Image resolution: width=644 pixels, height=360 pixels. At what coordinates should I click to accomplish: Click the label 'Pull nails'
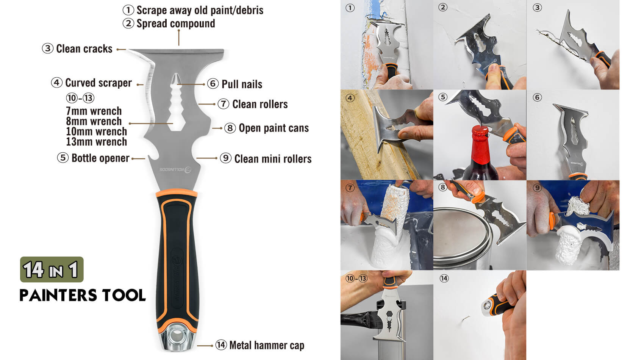[x=242, y=84]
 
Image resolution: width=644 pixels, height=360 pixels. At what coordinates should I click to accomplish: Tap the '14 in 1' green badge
[x=52, y=269]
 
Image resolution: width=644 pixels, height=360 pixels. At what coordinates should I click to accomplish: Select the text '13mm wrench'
[x=96, y=142]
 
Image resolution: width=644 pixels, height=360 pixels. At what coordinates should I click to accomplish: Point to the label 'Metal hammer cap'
[x=267, y=345]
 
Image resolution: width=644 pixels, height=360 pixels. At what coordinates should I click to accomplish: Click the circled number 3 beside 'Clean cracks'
[x=48, y=48]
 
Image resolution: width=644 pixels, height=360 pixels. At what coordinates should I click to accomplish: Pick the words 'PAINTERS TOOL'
[x=83, y=295]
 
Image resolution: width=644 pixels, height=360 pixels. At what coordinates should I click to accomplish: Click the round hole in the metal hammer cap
[x=177, y=337]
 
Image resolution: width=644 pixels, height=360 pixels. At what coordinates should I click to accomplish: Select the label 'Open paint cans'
[x=274, y=128]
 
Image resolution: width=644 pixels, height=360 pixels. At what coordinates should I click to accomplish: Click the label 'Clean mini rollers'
[x=273, y=159]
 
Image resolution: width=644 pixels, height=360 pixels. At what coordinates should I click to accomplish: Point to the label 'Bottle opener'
[x=100, y=158]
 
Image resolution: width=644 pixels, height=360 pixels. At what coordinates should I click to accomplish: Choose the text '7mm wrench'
[x=94, y=111]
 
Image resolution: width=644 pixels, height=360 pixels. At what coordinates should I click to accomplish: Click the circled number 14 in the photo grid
[x=444, y=279]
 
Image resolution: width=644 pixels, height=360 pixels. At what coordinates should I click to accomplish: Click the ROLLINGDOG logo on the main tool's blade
[x=175, y=169]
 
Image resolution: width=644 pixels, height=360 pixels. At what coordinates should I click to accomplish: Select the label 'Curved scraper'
[x=98, y=83]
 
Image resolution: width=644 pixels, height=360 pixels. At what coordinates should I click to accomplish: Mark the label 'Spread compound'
[x=176, y=23]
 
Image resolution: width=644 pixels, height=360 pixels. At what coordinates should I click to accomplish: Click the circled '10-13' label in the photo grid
[x=356, y=279]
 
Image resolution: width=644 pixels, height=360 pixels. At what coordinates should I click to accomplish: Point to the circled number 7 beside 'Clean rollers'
[x=224, y=104]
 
